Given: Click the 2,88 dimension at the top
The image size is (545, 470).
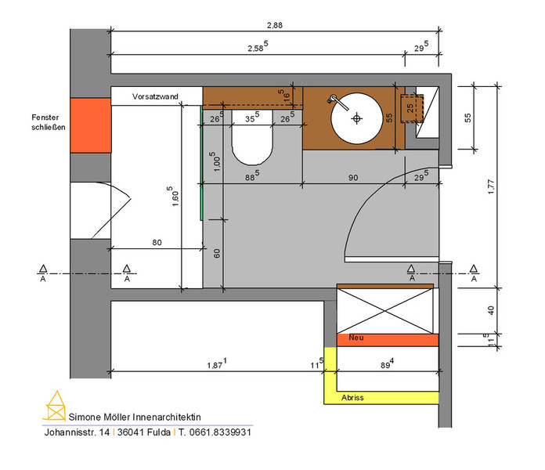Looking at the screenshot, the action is click(x=275, y=25).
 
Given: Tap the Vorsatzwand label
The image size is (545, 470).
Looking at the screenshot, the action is click(x=155, y=96).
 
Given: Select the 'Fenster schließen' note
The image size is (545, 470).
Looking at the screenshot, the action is click(x=49, y=122).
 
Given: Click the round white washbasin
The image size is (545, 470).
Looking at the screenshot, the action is click(x=356, y=118).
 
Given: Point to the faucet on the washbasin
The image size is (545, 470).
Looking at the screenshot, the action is click(x=337, y=102).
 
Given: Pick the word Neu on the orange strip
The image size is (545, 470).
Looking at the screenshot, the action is click(x=356, y=337).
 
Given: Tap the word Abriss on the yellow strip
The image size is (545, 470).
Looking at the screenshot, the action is click(x=352, y=397).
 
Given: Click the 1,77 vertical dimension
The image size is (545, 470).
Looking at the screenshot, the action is click(x=490, y=186).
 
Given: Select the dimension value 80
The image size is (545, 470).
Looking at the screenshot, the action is click(x=157, y=242).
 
